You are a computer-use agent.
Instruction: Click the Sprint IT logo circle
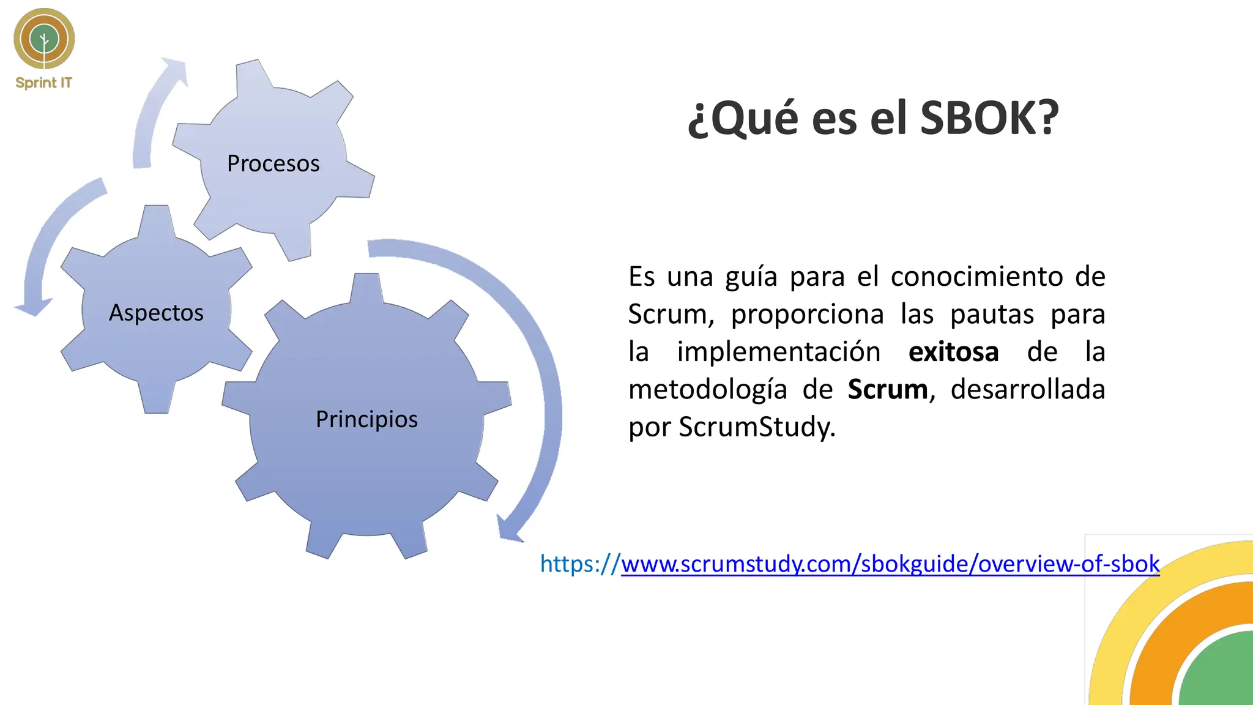tap(44, 39)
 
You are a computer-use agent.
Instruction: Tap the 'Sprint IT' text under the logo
tap(43, 83)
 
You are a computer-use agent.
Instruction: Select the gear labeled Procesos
tap(273, 163)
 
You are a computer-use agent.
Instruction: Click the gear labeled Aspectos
tap(156, 312)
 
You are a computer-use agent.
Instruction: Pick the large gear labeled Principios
tap(366, 419)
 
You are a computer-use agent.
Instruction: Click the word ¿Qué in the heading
tap(743, 117)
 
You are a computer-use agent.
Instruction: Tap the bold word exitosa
tap(953, 352)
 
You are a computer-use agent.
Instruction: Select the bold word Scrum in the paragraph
tap(887, 390)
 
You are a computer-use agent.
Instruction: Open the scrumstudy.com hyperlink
tap(890, 564)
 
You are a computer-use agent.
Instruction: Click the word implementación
tap(778, 352)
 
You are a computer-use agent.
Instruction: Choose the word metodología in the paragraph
tap(707, 390)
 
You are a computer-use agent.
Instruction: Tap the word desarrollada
tap(1027, 390)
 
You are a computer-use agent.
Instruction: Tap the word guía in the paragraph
tap(751, 277)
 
